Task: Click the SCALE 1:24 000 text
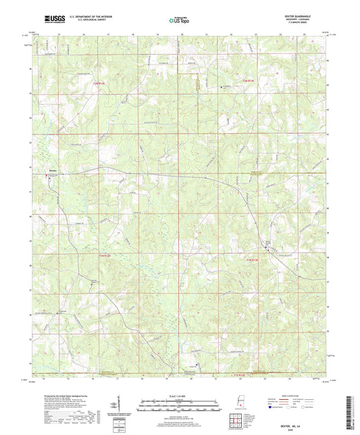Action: tap(179, 394)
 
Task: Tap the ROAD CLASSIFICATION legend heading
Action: tap(299, 394)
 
